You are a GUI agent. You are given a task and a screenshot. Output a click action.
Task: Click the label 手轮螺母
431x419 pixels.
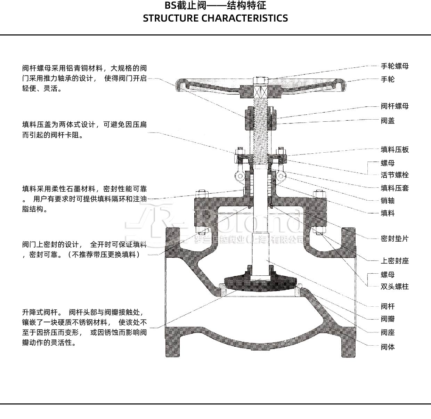click(395, 66)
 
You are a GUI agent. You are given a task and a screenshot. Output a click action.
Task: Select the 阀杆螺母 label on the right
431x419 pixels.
click(395, 106)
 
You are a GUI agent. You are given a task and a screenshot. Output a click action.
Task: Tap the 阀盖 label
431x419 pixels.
click(388, 121)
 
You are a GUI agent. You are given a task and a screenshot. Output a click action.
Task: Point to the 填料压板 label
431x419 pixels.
click(395, 150)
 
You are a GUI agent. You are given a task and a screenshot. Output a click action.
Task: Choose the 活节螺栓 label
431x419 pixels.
click(395, 175)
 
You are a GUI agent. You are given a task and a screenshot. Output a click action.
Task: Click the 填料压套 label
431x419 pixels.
click(395, 188)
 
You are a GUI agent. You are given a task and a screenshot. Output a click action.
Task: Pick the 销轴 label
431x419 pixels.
click(388, 201)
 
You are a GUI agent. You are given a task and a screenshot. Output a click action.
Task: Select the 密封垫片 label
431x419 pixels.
click(395, 239)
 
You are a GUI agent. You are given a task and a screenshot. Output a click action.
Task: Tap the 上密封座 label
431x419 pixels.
click(395, 261)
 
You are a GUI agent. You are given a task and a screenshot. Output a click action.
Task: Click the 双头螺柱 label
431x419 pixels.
click(395, 287)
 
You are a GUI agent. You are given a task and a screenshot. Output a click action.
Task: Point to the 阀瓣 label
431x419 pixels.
click(388, 319)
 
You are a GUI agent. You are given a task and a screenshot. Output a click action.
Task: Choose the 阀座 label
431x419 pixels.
click(388, 332)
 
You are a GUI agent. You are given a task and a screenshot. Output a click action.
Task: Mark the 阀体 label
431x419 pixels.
click(388, 347)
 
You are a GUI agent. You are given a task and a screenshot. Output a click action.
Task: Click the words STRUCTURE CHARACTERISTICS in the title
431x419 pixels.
click(215, 18)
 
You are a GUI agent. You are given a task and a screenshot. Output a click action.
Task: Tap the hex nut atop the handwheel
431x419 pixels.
click(261, 80)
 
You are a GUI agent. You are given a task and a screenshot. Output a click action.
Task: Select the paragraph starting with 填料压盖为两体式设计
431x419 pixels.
click(84, 130)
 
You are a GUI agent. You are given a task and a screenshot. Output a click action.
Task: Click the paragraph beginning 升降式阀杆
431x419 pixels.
click(84, 327)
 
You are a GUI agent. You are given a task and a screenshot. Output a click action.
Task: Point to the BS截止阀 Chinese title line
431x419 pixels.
click(215, 6)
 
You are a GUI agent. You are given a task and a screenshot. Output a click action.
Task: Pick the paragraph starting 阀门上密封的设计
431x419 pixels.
click(84, 249)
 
